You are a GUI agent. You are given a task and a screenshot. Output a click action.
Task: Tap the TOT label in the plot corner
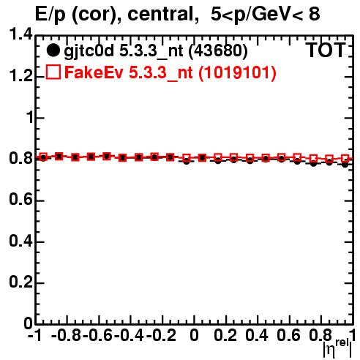326,50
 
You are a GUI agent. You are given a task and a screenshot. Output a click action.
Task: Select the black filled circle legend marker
53,50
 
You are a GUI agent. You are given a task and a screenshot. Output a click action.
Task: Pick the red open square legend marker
53,72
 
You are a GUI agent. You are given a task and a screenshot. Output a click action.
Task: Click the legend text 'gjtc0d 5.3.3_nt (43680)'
156,51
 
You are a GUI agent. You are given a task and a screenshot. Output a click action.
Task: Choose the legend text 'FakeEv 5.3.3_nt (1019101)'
170,72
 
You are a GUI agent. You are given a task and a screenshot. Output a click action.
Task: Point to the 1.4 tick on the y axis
20,34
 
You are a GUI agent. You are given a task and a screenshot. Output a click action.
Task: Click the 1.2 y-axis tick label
20,76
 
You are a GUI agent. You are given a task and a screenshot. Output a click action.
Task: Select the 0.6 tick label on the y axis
20,200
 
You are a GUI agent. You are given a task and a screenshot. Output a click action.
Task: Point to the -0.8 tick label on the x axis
67,335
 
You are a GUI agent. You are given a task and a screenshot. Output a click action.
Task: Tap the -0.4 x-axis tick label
129,335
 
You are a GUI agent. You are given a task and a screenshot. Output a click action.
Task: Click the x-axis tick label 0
194,335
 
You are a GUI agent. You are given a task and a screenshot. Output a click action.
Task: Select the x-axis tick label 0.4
257,335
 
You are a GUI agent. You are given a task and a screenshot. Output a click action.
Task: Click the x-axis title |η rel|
337,348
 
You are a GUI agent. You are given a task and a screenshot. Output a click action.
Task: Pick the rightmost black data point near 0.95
345,165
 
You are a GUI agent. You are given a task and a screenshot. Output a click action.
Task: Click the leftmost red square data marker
43,157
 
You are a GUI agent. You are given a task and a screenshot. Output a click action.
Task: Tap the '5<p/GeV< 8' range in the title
265,15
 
